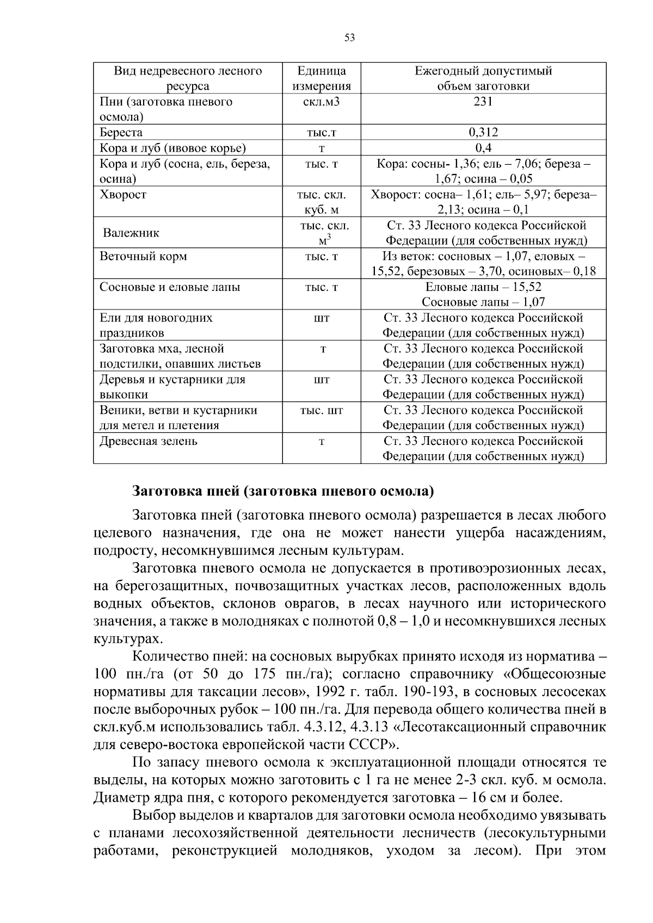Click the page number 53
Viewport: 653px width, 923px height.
[349, 38]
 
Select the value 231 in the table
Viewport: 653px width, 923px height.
[483, 101]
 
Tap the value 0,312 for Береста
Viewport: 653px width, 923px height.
[483, 132]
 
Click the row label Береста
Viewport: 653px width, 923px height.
[121, 132]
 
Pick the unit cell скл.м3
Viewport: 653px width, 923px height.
[321, 101]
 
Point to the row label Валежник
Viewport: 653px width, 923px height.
[131, 233]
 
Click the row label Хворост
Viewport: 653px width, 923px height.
[123, 194]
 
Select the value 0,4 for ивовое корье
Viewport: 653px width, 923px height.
[483, 148]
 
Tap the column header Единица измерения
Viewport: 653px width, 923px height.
[321, 78]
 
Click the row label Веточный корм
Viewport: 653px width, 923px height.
[143, 256]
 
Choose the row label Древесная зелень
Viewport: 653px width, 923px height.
[148, 441]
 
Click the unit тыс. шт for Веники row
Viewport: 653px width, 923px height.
[321, 410]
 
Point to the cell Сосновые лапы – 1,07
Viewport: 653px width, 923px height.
[483, 302]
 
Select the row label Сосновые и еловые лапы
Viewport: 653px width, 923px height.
[170, 287]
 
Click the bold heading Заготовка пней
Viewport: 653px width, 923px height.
[283, 491]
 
